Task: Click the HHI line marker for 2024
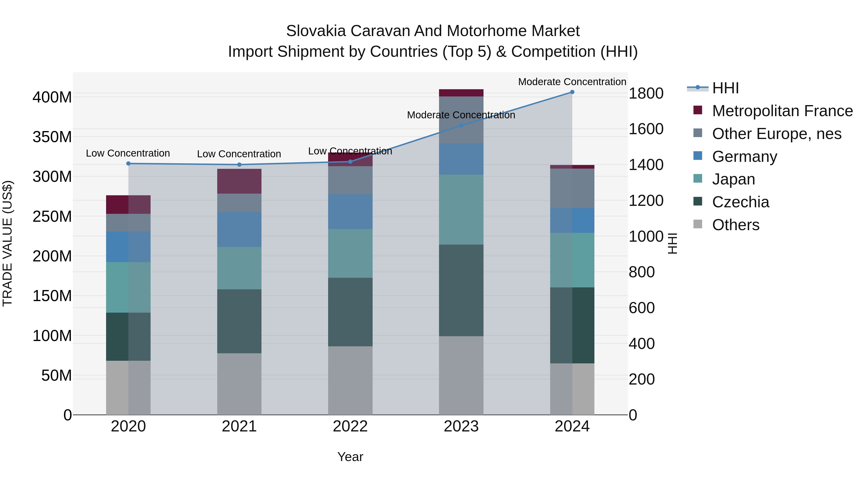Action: pyautogui.click(x=572, y=92)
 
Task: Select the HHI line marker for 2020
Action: pyautogui.click(x=128, y=164)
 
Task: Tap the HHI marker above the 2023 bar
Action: pyautogui.click(x=461, y=126)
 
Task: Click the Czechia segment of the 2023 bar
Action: pyautogui.click(x=461, y=290)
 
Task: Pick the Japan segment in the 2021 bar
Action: pyautogui.click(x=239, y=268)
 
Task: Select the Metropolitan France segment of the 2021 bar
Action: pyautogui.click(x=239, y=181)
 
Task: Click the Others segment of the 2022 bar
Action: pyautogui.click(x=350, y=380)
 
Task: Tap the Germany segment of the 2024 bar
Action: pyautogui.click(x=572, y=221)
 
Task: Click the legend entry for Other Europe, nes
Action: pyautogui.click(x=777, y=134)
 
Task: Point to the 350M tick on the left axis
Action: pyautogui.click(x=52, y=137)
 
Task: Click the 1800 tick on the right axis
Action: pyautogui.click(x=646, y=94)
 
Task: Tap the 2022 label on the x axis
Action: pyautogui.click(x=350, y=426)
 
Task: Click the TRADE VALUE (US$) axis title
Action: pyautogui.click(x=8, y=243)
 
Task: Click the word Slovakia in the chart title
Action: pyautogui.click(x=316, y=31)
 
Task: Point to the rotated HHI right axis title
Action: pyautogui.click(x=672, y=243)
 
